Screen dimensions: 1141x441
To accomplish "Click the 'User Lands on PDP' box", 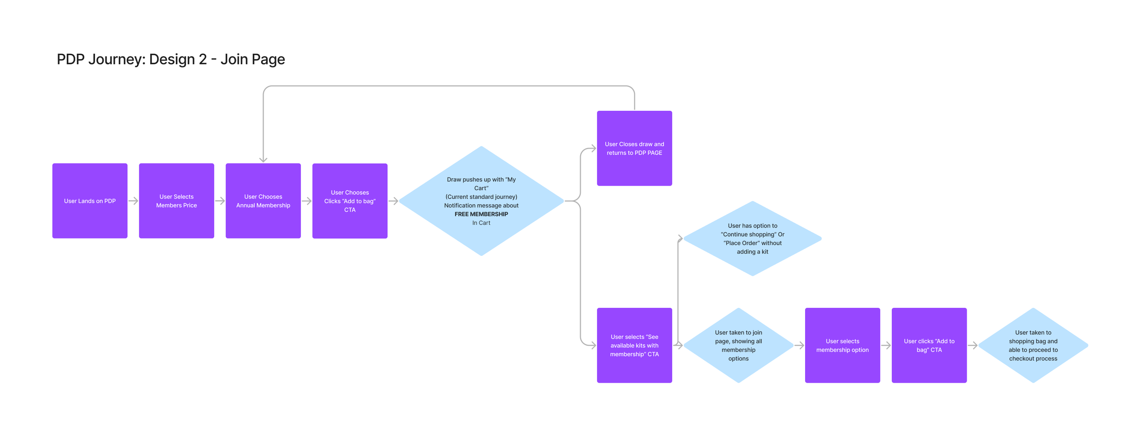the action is [90, 201].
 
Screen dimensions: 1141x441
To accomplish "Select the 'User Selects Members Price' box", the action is [177, 201].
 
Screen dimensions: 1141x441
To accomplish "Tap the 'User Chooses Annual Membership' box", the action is [263, 201].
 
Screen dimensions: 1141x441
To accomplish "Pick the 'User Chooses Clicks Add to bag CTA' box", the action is [350, 201].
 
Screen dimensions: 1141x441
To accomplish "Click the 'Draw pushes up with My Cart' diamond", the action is [482, 201].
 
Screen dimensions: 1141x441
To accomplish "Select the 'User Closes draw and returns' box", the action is [634, 148].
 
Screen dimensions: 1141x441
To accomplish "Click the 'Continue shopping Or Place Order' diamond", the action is [753, 239].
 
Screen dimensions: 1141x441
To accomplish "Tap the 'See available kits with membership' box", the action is [634, 345].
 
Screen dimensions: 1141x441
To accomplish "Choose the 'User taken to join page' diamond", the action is [738, 345].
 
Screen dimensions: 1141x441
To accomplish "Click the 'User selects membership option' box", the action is [843, 345].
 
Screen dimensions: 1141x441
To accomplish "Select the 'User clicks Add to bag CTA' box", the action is [929, 345].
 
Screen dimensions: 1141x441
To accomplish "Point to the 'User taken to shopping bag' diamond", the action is [1033, 345].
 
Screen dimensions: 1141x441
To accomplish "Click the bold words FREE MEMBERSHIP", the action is [481, 214].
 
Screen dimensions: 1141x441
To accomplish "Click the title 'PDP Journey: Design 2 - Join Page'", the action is [171, 59].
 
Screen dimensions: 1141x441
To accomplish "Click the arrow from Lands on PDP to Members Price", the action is [133, 201].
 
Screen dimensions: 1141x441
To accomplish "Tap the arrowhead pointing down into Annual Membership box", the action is [263, 160].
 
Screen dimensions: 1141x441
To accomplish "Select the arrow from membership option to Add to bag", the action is [886, 346].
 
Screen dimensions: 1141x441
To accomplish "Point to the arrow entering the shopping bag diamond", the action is [973, 346].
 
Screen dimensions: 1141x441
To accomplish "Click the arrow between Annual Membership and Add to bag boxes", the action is [307, 201].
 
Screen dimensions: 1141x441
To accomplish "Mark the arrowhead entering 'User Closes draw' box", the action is [594, 148].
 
